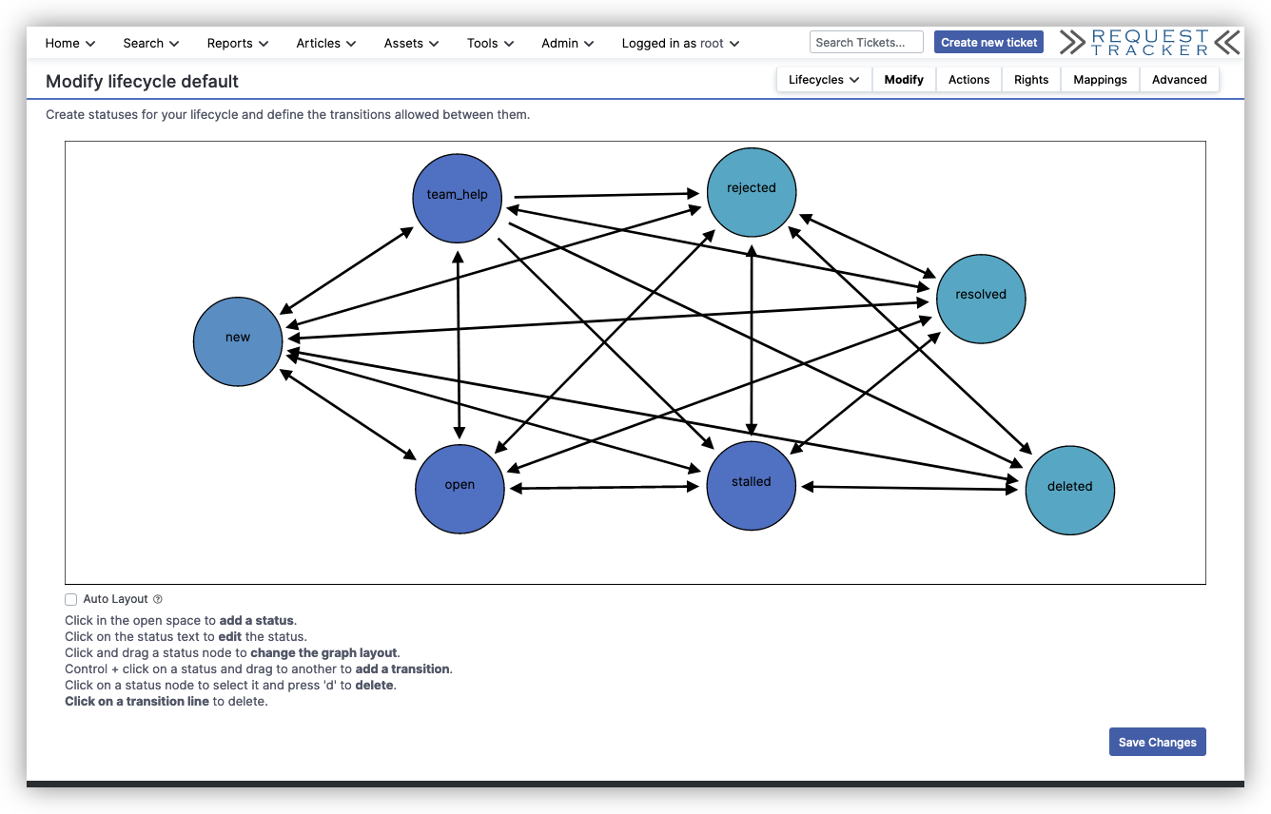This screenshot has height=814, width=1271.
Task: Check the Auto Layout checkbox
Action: click(x=71, y=599)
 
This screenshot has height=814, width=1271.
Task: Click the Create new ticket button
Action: click(x=988, y=42)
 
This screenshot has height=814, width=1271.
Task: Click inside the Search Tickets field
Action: click(x=866, y=42)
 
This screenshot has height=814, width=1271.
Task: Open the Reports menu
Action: click(x=237, y=43)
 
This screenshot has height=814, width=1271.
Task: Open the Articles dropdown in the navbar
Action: click(x=325, y=43)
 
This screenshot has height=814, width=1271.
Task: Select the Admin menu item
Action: click(x=567, y=43)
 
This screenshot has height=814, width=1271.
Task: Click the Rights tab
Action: click(x=1030, y=80)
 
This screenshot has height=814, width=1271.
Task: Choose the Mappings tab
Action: click(x=1100, y=80)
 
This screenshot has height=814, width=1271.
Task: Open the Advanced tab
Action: click(x=1179, y=80)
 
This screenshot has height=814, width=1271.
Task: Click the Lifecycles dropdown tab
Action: click(x=824, y=80)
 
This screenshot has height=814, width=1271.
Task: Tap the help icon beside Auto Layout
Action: click(x=158, y=599)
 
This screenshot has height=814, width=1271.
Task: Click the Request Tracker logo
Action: click(x=1149, y=42)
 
